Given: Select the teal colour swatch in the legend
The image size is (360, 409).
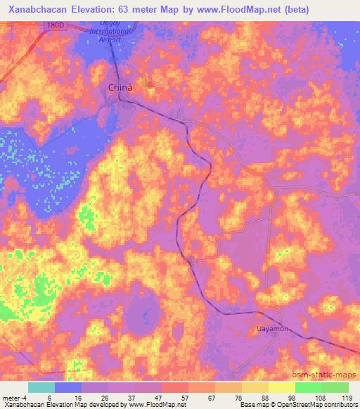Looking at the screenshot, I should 41,387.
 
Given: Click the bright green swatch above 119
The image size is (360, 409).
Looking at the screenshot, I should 335,387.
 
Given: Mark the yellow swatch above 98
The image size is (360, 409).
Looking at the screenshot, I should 282,387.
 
